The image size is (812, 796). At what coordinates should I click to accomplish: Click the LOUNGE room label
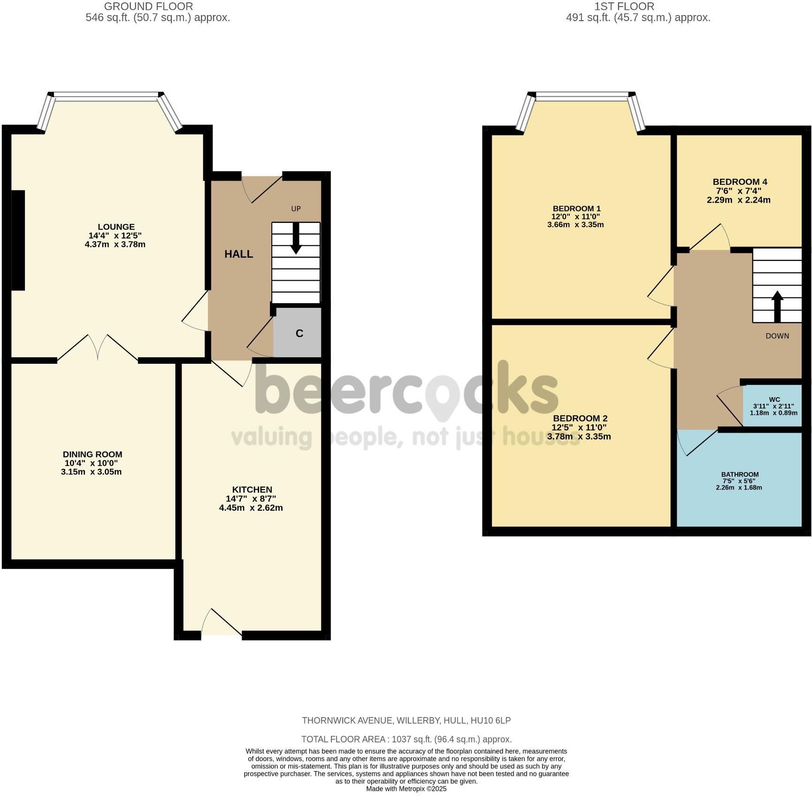tap(116, 227)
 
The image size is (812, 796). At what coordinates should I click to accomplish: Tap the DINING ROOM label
tap(92, 454)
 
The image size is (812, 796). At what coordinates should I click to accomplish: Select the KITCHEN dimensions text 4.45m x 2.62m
tap(251, 508)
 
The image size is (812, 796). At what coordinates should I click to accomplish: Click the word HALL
tap(238, 254)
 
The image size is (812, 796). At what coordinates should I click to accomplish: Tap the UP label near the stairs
tap(296, 209)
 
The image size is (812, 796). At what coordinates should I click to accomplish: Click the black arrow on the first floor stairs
tap(777, 306)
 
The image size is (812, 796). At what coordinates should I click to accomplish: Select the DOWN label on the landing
tap(777, 336)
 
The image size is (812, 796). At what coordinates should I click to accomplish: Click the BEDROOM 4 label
tap(740, 182)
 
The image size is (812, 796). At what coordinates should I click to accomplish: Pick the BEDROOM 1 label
tap(576, 209)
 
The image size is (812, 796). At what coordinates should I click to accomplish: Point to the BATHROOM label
tap(740, 475)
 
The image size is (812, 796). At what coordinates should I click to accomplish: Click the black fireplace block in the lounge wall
tap(18, 240)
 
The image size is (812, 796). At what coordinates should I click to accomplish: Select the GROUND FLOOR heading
tap(148, 7)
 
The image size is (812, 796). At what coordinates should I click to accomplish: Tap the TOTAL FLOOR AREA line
tap(406, 739)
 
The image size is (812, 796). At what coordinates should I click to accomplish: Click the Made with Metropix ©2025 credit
tap(406, 789)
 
